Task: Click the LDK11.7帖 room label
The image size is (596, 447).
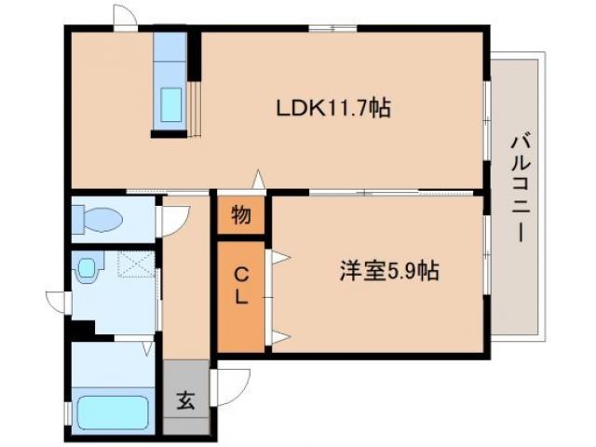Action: pyautogui.click(x=332, y=109)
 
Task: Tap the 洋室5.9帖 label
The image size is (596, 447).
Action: pyautogui.click(x=387, y=272)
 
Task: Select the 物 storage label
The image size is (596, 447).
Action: pyautogui.click(x=240, y=216)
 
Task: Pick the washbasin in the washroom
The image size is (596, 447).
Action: pyautogui.click(x=87, y=269)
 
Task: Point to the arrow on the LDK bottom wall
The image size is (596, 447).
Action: pyautogui.click(x=260, y=180)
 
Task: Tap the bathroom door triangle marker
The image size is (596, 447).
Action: pyautogui.click(x=146, y=348)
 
